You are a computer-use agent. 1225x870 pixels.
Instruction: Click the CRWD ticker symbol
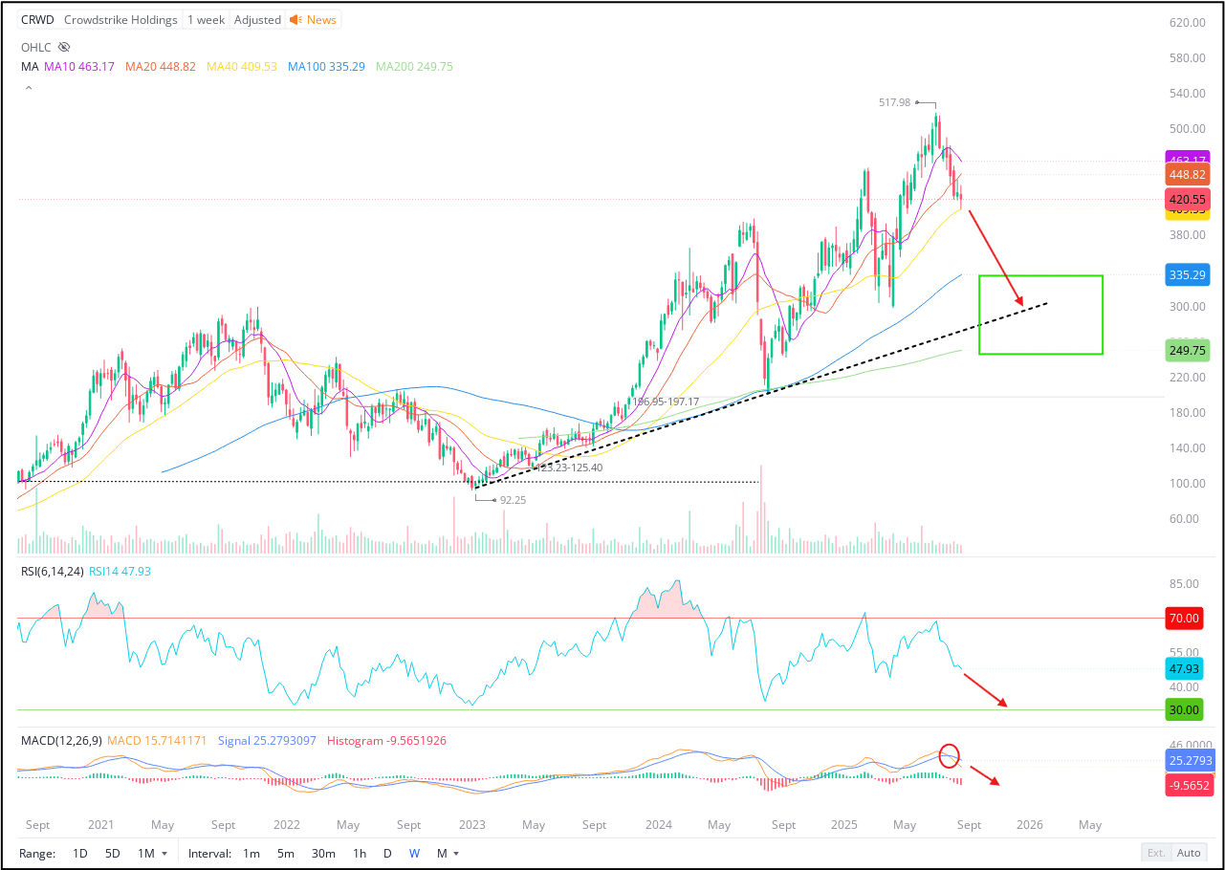[38, 20]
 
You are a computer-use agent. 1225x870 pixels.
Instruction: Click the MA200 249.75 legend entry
[414, 67]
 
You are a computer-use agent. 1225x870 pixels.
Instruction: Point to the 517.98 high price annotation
[894, 102]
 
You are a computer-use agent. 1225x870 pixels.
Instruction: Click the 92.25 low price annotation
[513, 500]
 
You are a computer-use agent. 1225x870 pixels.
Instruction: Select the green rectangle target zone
[1040, 315]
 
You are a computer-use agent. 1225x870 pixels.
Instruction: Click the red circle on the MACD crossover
[949, 755]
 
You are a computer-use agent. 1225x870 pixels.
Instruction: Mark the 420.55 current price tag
[1187, 199]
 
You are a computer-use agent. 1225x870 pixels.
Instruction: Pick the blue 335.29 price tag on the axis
[1187, 275]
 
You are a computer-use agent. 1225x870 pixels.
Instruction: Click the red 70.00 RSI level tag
[1184, 619]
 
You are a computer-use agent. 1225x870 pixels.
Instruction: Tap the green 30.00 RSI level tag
[1184, 709]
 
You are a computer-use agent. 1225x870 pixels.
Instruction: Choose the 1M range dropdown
[151, 853]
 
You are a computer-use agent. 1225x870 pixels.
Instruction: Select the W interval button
[414, 853]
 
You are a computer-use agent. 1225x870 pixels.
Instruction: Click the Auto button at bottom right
[1189, 853]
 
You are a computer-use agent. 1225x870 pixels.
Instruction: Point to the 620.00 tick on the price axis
[1187, 23]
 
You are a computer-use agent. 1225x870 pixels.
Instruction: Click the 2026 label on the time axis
[1029, 825]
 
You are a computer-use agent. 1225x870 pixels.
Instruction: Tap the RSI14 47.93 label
[120, 572]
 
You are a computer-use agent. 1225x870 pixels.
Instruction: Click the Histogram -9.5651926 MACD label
[386, 741]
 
